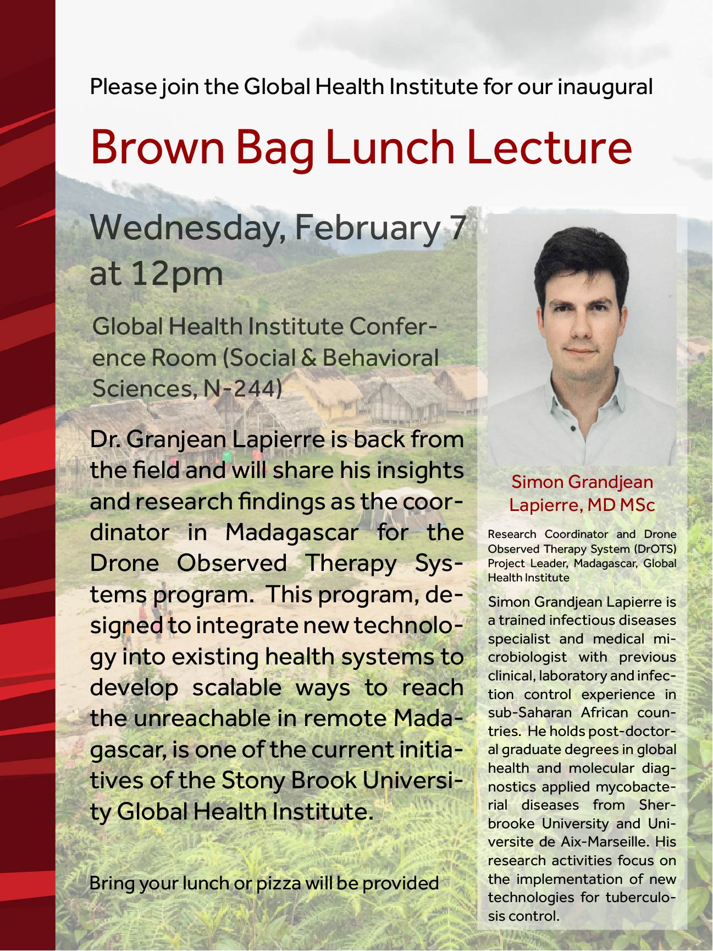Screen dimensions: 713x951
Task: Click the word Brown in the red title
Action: point(158,147)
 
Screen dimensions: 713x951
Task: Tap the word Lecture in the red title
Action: point(549,147)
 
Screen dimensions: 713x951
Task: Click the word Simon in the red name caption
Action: point(537,482)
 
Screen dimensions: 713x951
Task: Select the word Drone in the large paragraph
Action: point(125,563)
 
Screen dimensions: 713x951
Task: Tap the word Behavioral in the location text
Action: point(380,358)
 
